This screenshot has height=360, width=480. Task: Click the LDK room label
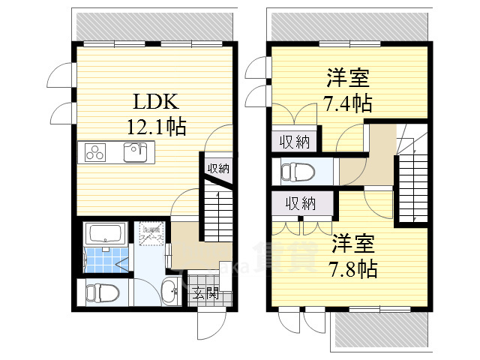[156, 101]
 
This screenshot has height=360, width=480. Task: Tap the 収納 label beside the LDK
[218, 167]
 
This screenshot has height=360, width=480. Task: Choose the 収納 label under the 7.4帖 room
[295, 140]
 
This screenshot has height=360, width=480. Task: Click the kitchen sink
[137, 152]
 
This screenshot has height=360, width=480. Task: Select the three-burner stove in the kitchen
[95, 152]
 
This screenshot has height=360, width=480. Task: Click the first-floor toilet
[100, 292]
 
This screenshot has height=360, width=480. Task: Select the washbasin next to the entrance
[170, 292]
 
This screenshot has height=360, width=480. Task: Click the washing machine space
[149, 232]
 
